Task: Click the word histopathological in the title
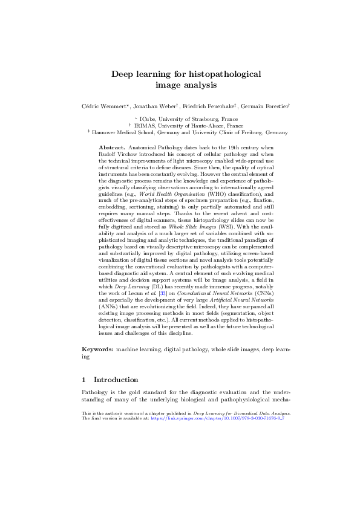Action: pos(224,74)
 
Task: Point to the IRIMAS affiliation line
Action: pos(185,125)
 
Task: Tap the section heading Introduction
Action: pos(116,380)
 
